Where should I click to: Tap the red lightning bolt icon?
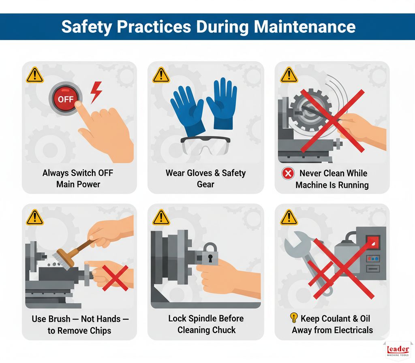click(x=96, y=92)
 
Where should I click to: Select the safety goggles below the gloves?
click(x=205, y=145)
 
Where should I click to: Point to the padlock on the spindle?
click(x=210, y=254)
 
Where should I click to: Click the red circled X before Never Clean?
click(x=287, y=174)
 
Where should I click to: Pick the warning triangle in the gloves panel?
click(x=161, y=75)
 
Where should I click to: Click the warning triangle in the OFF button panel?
click(x=34, y=75)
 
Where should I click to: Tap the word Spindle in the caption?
click(x=201, y=318)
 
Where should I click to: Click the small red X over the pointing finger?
click(x=115, y=278)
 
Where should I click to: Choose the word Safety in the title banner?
click(x=85, y=27)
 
